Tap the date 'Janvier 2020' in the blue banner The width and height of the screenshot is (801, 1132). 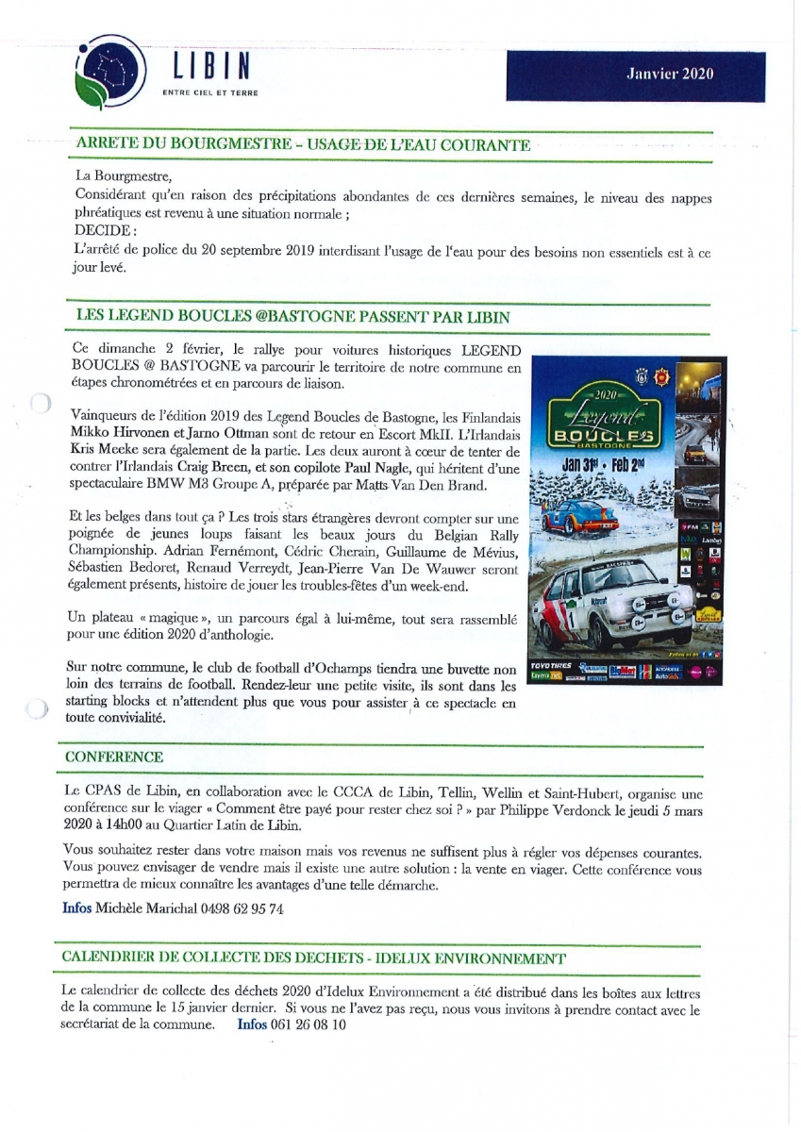click(671, 75)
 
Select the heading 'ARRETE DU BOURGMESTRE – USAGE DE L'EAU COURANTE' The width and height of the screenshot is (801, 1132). click(303, 145)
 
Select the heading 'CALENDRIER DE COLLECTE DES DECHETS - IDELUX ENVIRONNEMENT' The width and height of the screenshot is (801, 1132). click(313, 958)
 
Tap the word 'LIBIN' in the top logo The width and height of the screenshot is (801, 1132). click(212, 67)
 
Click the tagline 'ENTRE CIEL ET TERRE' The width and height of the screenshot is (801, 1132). click(211, 92)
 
